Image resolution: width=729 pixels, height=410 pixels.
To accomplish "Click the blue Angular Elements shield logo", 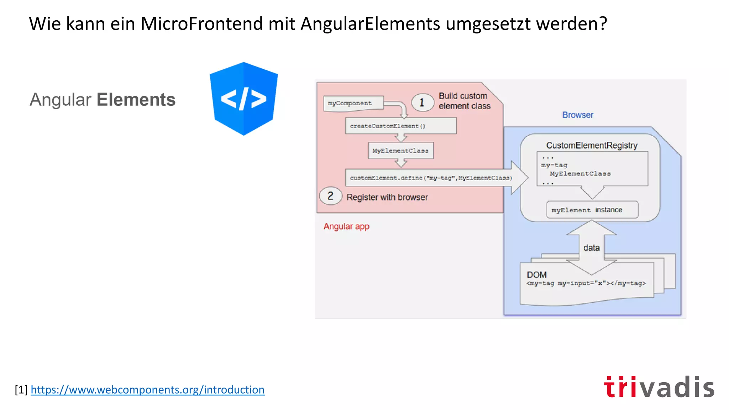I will (243, 99).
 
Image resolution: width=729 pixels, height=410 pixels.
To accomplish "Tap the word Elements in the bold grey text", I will (136, 100).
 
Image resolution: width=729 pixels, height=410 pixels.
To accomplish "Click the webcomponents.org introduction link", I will (147, 390).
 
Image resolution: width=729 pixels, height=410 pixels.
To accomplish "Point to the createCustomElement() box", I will (400, 126).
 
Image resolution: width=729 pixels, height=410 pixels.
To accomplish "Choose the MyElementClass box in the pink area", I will (400, 151).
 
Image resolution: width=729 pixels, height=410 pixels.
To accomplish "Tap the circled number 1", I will (422, 102).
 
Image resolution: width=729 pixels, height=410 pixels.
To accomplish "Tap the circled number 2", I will (330, 196).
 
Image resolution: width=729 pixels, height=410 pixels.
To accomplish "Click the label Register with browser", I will (387, 197).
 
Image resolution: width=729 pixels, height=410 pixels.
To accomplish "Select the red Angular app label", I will (346, 226).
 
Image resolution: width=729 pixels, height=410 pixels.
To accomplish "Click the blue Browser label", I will (577, 115).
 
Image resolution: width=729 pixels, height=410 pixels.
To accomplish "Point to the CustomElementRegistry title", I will (592, 145).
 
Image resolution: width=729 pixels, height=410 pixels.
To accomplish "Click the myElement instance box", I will (592, 210).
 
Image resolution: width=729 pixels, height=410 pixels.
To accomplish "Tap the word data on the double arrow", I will (591, 248).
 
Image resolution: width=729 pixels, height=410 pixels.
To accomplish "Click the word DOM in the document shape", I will (536, 275).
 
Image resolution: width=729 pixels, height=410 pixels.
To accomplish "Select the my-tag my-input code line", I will (586, 283).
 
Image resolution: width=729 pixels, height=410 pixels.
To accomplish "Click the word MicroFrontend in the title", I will (202, 24).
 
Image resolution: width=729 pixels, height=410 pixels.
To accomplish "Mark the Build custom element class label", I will (464, 101).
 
